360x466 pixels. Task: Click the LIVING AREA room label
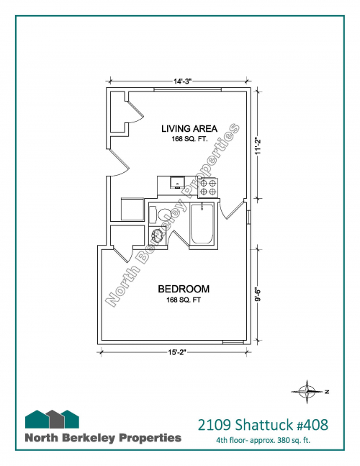[189, 129]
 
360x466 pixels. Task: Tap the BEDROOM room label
[184, 289]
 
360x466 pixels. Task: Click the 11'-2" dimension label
[258, 145]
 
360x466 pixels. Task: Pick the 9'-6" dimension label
[258, 295]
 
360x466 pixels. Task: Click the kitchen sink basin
[177, 182]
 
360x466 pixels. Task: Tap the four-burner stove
[208, 187]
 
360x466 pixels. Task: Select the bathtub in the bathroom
[202, 223]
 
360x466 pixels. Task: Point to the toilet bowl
[163, 215]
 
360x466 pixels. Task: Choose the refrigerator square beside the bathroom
[132, 209]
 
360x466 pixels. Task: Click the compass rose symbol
[307, 391]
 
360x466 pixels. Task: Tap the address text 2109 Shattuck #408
[263, 424]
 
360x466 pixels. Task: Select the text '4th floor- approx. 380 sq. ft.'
[264, 440]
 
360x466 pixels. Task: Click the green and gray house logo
[52, 418]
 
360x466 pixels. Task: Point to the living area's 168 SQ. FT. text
[189, 139]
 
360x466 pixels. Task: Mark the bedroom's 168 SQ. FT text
[184, 300]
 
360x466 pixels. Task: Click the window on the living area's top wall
[187, 89]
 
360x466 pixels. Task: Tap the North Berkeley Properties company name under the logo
[103, 438]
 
